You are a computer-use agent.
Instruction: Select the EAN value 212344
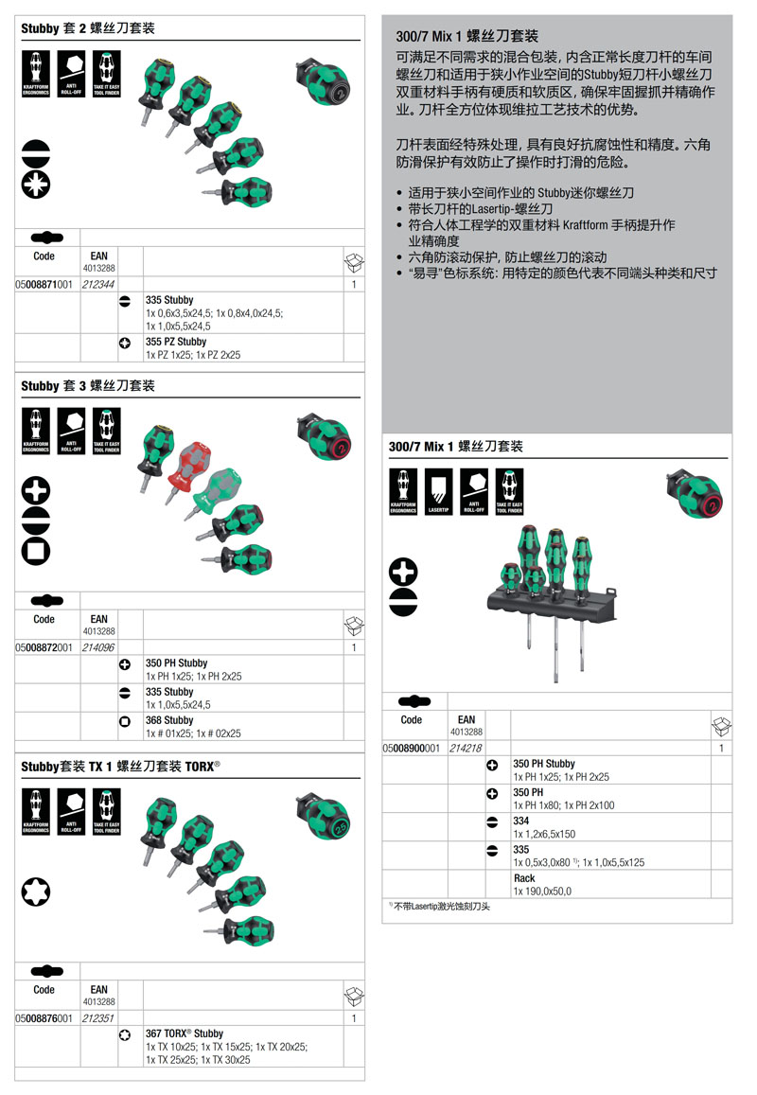point(98,284)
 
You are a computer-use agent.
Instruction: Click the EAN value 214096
point(98,647)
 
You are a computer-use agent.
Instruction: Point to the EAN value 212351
point(98,1018)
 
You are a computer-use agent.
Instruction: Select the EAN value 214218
point(466,748)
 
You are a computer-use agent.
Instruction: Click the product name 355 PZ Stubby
point(176,342)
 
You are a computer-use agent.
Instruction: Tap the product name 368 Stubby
point(169,720)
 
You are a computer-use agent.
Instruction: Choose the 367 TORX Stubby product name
point(185,1034)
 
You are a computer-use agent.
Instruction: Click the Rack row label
point(523,878)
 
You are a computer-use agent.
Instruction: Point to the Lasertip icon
point(438,492)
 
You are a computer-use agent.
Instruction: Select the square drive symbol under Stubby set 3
point(36,547)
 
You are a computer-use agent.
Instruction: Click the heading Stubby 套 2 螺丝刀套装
point(88,29)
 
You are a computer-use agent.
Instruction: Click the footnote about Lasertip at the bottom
point(441,907)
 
